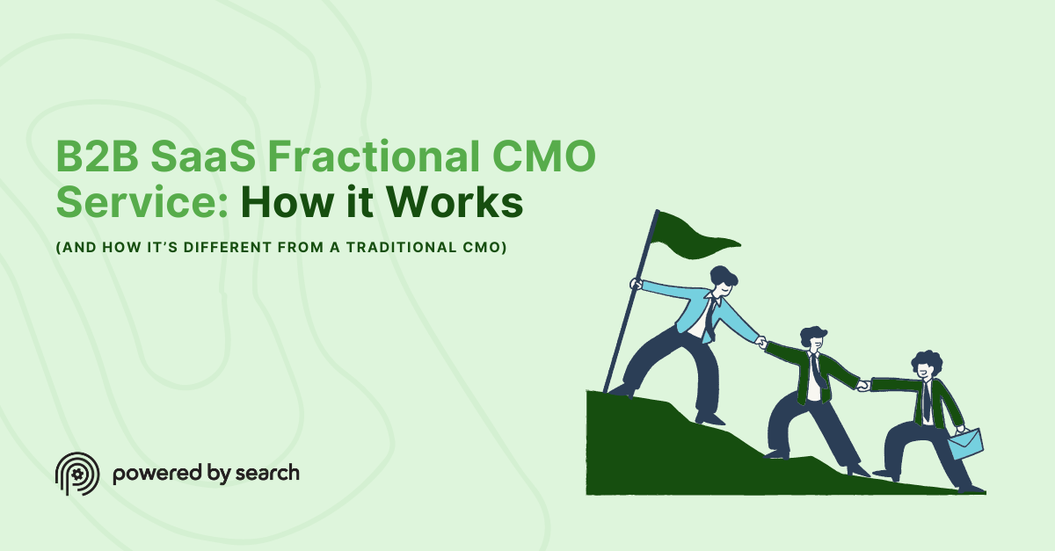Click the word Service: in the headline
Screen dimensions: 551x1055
click(x=142, y=204)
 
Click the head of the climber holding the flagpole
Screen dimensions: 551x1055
click(x=723, y=282)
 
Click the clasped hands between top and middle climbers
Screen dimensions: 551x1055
click(x=762, y=343)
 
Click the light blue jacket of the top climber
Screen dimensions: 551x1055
click(x=695, y=308)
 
